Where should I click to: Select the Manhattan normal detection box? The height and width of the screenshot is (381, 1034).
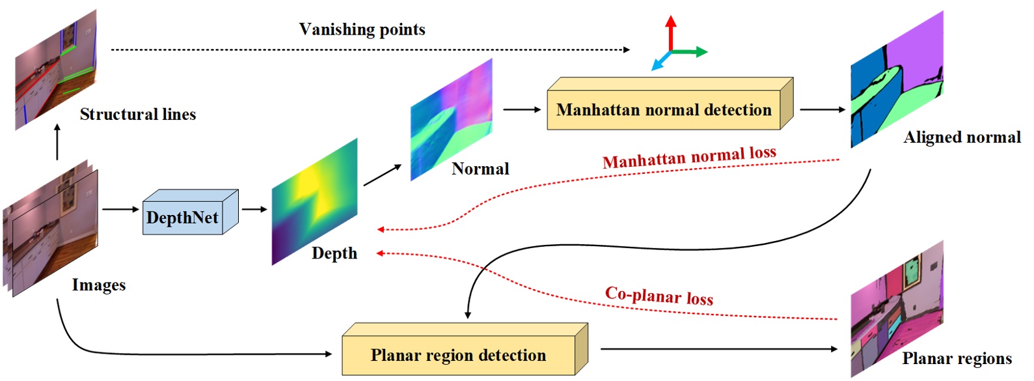(664, 110)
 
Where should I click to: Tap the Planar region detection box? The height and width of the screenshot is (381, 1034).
(458, 356)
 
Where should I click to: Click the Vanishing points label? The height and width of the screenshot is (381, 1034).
(362, 29)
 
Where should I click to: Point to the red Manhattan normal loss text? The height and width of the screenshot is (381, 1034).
(689, 157)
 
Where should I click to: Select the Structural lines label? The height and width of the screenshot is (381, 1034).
(137, 115)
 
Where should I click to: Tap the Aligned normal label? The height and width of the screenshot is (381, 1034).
(962, 137)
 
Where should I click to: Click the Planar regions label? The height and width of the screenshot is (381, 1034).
(957, 359)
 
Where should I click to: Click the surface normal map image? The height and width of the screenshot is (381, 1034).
(451, 119)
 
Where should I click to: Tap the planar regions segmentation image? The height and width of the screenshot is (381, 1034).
(896, 309)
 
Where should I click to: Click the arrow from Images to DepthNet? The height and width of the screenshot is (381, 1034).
(120, 210)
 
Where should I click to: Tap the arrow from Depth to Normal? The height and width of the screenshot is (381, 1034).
(383, 175)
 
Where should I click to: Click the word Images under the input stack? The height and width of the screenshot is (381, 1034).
(98, 285)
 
